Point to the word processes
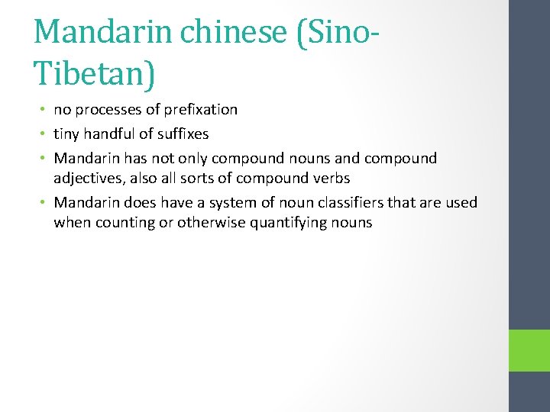[108, 110]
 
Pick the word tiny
[67, 134]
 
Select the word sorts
[212, 179]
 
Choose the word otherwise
[209, 223]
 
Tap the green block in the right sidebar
[529, 351]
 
